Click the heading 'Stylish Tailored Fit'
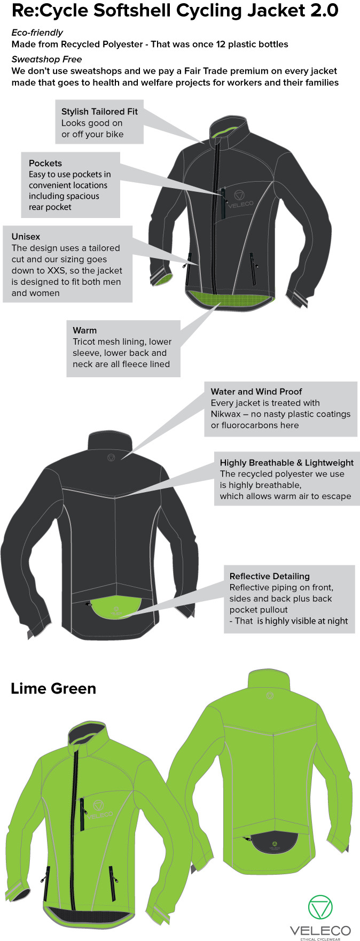coord(99,112)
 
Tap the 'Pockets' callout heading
coord(45,164)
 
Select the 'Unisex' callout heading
coord(26,237)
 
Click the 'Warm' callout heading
coord(84,331)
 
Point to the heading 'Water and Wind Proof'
coord(256,392)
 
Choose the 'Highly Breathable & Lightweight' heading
coord(287,463)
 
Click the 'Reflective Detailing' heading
coord(269,576)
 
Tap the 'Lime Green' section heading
coord(53,688)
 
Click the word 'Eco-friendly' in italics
coord(37,33)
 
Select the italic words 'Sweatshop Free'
coord(46,59)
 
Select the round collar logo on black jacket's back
coord(111,457)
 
